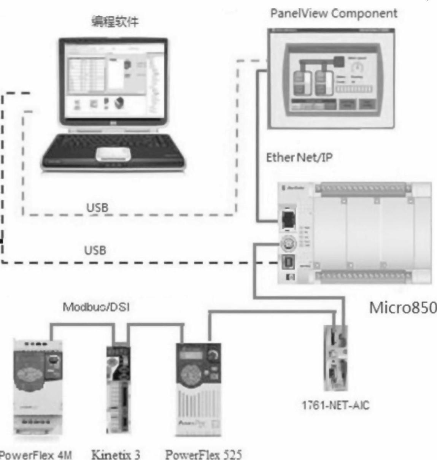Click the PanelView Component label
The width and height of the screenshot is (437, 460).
[334, 14]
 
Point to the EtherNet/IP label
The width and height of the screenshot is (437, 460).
[299, 157]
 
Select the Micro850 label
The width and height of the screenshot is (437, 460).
[403, 308]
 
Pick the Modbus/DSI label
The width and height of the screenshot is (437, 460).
[96, 307]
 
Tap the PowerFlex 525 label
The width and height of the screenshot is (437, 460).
[203, 454]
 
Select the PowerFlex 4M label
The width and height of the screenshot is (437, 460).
[36, 454]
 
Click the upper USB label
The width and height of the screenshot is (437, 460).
[97, 208]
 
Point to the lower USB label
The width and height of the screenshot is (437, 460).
[95, 251]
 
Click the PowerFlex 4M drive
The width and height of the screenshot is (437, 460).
[38, 384]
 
